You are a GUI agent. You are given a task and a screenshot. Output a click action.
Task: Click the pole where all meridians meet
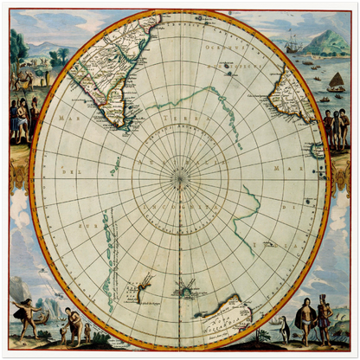click(180, 179)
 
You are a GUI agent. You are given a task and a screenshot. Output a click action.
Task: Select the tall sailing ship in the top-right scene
click(292, 43)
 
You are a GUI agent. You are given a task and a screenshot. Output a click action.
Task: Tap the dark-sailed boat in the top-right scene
click(335, 83)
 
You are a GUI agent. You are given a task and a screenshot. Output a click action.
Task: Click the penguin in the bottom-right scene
click(284, 328)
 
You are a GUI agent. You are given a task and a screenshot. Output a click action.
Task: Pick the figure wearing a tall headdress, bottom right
click(324, 315)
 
